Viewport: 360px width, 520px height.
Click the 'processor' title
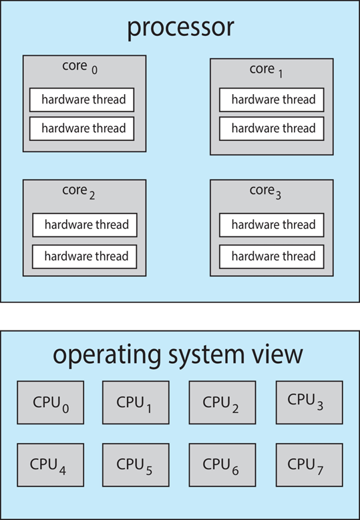coord(180,28)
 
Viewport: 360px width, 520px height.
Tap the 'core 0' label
coord(79,67)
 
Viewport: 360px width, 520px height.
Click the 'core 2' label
coord(79,192)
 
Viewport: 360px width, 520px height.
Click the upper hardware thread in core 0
coord(81,100)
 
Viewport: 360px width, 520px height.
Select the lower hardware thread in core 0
coord(81,128)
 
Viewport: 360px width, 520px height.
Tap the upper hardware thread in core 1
coord(272,100)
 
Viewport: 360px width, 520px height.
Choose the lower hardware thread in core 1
coord(272,128)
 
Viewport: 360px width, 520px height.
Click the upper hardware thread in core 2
coord(85,225)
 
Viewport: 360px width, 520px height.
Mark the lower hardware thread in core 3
coord(272,256)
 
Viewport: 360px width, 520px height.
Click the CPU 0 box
coord(50,403)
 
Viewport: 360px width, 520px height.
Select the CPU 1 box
coord(136,403)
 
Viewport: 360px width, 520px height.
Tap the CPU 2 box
coord(222,403)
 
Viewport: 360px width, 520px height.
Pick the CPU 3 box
coord(309,403)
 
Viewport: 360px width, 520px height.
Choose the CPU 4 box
coord(50,464)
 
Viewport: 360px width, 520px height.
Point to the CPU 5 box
coord(136,464)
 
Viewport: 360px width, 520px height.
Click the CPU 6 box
coord(222,464)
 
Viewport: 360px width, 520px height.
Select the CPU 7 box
coord(309,464)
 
